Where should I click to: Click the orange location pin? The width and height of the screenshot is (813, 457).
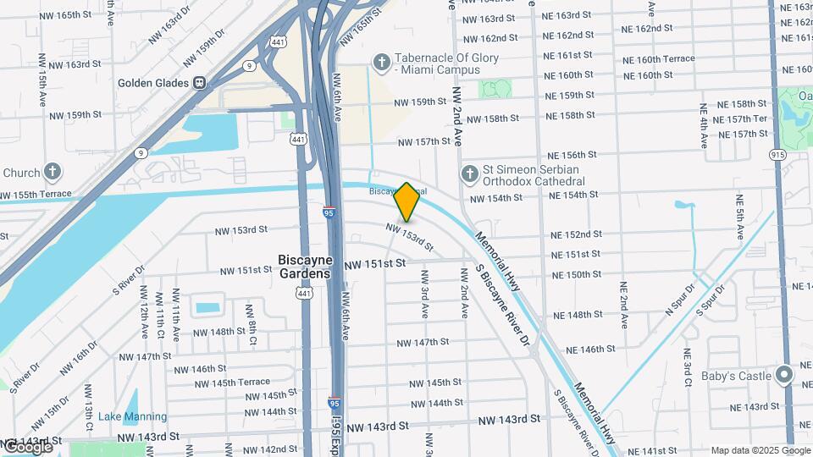pos(407,201)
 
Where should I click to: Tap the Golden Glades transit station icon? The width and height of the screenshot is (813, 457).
pos(199,83)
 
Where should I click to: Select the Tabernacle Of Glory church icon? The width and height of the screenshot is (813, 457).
pos(382,63)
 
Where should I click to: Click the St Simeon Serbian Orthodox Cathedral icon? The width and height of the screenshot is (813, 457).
pos(470,174)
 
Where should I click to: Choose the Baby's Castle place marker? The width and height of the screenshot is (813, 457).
pos(784,374)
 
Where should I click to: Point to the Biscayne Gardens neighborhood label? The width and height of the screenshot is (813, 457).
pos(304,267)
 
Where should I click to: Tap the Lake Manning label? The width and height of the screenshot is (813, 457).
pos(126,416)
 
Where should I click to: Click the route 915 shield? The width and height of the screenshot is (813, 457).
pos(778,153)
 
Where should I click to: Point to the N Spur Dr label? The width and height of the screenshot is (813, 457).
pos(679,300)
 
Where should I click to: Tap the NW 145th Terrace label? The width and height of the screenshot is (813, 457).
pos(217,383)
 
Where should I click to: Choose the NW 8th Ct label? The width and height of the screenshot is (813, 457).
pos(252,325)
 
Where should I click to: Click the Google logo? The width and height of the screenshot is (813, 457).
pos(27,447)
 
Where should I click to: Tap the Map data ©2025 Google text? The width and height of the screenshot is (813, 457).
pos(760,450)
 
